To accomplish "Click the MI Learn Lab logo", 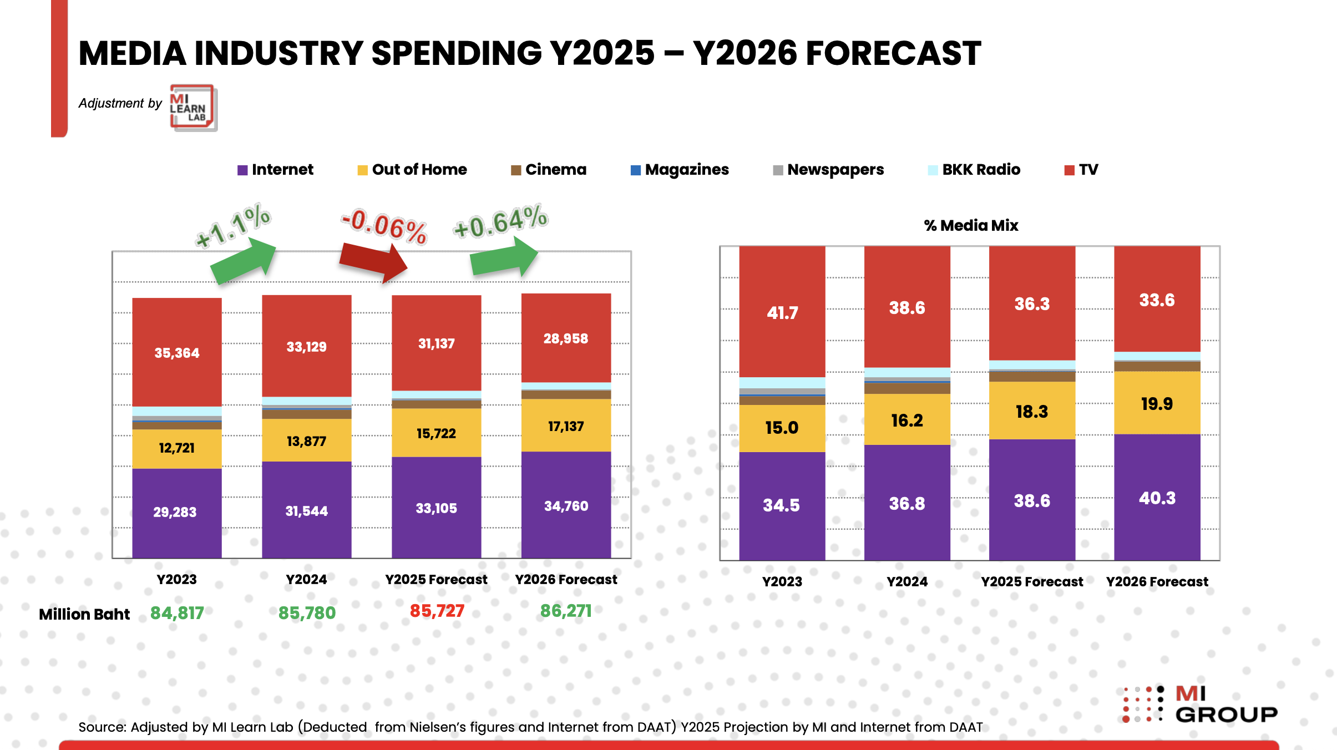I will click(x=193, y=108).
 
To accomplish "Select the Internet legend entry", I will click(x=276, y=170).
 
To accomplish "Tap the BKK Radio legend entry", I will click(x=974, y=170).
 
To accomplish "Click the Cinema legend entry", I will click(x=549, y=170).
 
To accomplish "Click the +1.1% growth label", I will click(x=233, y=226).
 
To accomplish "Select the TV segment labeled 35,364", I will click(x=176, y=353).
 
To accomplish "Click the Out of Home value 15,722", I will click(x=436, y=433).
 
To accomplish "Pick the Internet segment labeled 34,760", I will click(x=566, y=505).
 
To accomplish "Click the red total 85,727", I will click(x=437, y=611).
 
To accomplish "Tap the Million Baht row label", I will click(x=84, y=614).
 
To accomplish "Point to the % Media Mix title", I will click(x=971, y=225).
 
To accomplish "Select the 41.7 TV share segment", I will click(x=782, y=313).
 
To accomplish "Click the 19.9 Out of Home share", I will click(x=1157, y=404).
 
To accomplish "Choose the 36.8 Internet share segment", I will click(x=906, y=503).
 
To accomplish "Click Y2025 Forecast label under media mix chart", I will click(x=1032, y=581).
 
